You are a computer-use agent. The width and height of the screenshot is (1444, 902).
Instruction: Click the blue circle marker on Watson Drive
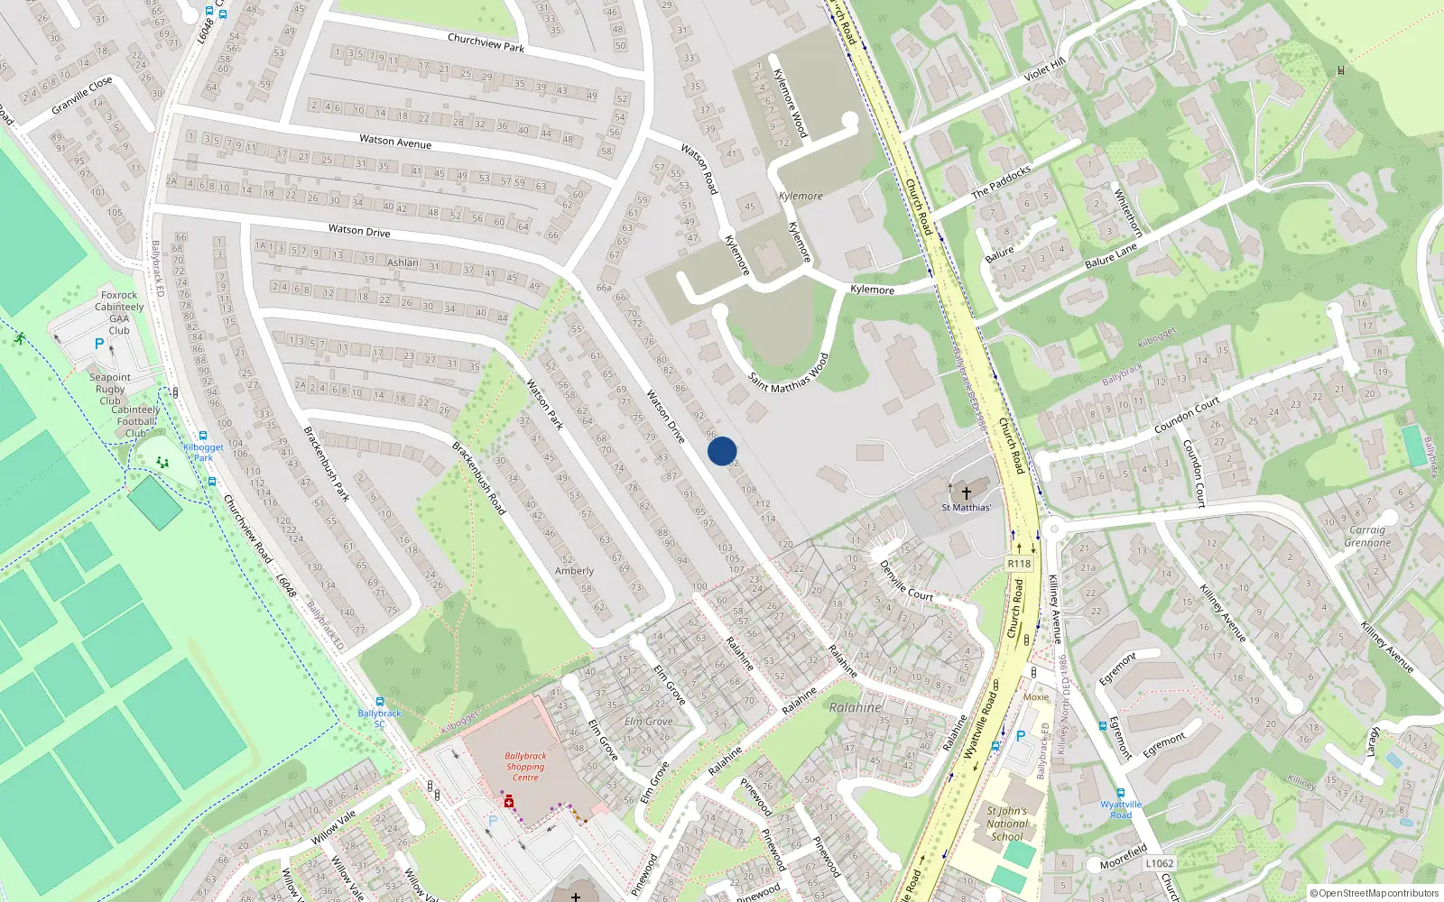point(722,451)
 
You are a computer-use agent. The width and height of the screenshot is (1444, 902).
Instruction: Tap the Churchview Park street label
point(486,42)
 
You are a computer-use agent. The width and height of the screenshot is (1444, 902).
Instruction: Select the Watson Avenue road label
point(395,142)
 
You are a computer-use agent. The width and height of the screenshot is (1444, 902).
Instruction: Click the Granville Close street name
point(82,95)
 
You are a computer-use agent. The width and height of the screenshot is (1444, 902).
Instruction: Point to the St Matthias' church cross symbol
point(966,492)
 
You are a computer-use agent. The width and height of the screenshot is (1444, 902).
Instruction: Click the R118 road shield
point(1019,564)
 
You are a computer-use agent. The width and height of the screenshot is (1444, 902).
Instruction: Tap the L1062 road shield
point(1160,863)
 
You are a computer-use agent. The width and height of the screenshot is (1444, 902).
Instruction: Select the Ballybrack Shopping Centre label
point(525,767)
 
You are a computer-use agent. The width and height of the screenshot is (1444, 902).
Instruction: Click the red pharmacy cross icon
point(508,801)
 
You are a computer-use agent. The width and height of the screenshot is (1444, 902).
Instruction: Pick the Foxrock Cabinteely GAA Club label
point(119,312)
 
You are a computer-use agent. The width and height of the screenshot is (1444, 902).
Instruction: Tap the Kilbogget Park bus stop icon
point(203,436)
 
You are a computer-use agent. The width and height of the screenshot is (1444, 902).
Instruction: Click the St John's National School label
point(1006,824)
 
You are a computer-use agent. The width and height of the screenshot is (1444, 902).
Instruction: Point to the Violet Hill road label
point(1044,69)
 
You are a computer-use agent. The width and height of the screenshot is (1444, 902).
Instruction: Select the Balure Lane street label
point(1111,256)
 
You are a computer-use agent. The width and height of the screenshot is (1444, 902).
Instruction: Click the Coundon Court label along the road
point(1187,415)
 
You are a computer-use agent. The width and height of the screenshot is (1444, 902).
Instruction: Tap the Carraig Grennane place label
point(1367,536)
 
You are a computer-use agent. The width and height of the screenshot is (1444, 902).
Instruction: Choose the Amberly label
point(574,571)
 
